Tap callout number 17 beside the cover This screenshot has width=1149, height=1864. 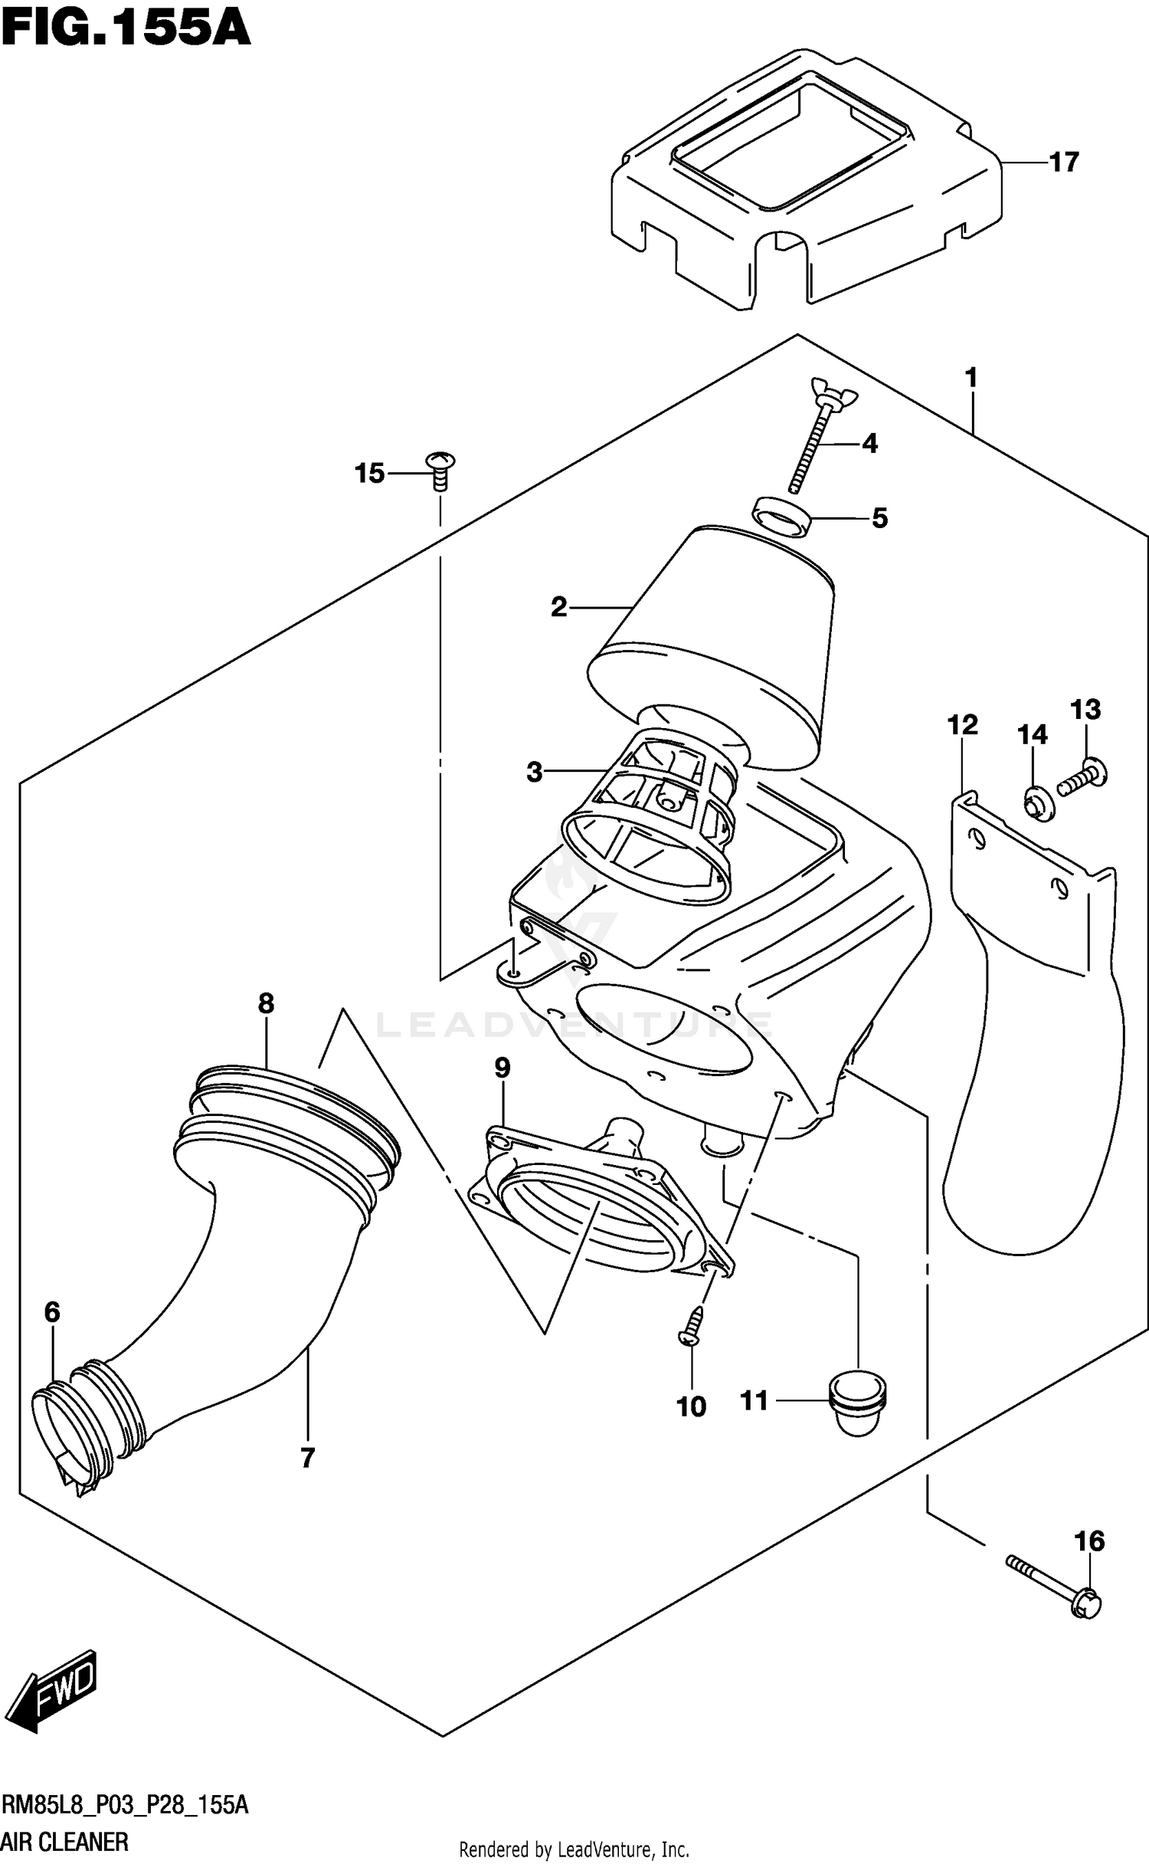[x=1063, y=162]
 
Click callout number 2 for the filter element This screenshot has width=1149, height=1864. [x=559, y=608]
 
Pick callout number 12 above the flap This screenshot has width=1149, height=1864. [x=962, y=724]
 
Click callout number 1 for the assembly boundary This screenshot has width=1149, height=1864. [x=971, y=378]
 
